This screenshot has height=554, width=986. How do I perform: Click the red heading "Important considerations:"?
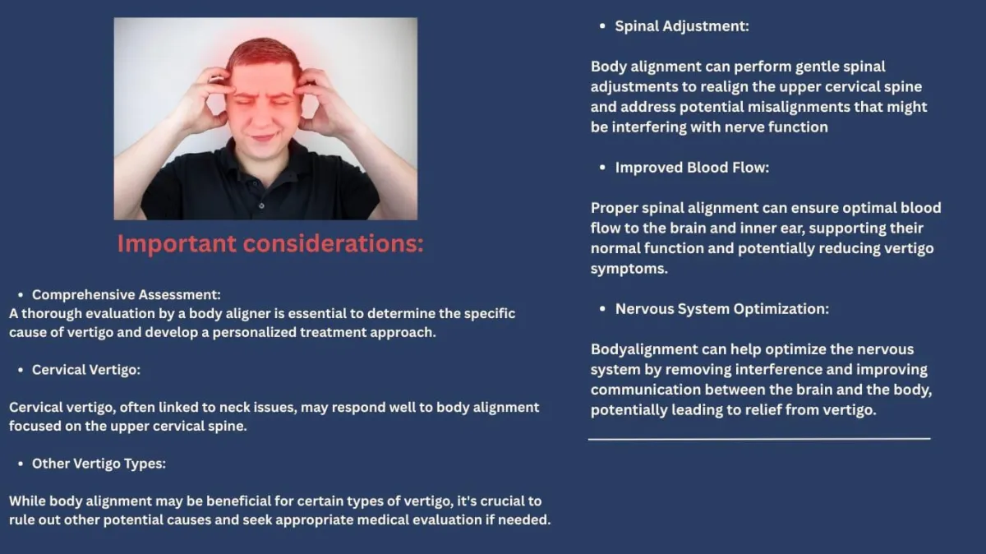pos(270,243)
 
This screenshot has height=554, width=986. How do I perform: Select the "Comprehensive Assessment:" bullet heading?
pos(127,294)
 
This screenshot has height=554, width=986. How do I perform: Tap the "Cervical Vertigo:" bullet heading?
pos(86,370)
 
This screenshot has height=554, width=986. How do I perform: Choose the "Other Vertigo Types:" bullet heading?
pos(99,464)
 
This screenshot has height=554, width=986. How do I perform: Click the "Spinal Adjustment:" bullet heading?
pos(682,26)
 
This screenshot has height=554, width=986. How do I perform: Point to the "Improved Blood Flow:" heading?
pos(692,168)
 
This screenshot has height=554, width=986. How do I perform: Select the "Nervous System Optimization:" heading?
pos(722,309)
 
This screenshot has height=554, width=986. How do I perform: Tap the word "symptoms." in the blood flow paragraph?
pos(629,269)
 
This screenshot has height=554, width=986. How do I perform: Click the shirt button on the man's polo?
pos(261,205)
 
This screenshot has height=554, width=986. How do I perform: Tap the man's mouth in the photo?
pos(263,137)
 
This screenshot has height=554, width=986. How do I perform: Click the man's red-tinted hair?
pos(263,53)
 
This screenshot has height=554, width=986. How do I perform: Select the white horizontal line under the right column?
pos(759,439)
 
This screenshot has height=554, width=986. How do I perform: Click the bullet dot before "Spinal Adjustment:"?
pos(602,26)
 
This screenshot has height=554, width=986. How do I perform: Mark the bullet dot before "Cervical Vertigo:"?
pos(21,370)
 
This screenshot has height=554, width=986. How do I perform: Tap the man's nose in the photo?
pos(262,115)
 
